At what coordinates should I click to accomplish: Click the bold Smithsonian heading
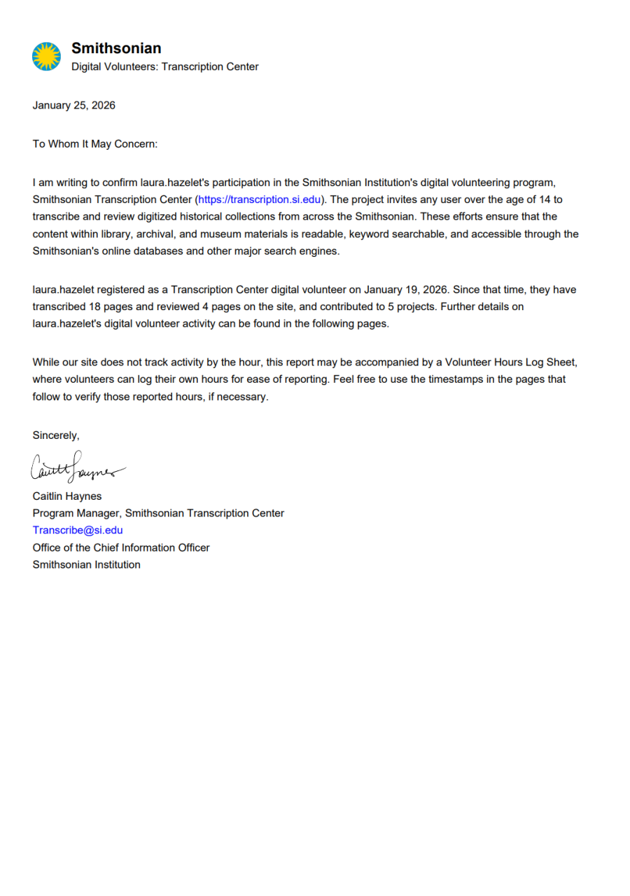tap(116, 48)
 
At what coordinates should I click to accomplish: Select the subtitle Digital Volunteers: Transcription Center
tap(164, 67)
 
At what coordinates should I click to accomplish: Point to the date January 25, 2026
tap(73, 106)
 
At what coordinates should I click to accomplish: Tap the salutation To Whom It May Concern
tap(95, 143)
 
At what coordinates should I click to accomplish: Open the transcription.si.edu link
tap(259, 199)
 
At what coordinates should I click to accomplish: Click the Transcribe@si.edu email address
tap(78, 531)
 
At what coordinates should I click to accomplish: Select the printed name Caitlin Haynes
tap(67, 496)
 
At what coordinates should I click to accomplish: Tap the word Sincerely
tap(56, 435)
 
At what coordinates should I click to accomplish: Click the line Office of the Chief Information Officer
tap(121, 547)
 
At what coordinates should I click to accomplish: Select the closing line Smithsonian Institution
tap(86, 565)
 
